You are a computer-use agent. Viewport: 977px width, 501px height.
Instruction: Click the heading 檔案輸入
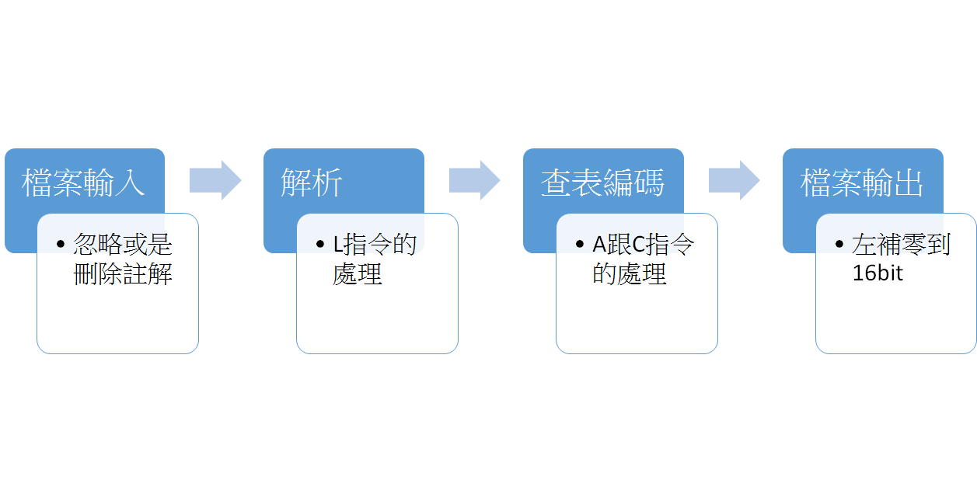(x=83, y=183)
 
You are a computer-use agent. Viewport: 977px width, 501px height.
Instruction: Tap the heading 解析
(x=312, y=183)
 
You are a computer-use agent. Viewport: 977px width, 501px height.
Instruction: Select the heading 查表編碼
(x=603, y=183)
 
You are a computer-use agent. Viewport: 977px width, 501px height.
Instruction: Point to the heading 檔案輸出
(x=862, y=183)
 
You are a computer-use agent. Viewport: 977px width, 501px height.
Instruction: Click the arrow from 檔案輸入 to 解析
(x=215, y=180)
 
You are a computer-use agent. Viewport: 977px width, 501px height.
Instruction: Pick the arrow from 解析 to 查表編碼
(x=475, y=180)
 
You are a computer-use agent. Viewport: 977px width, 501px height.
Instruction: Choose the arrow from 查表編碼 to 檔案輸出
(x=734, y=180)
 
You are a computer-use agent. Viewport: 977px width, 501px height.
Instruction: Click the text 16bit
(x=877, y=273)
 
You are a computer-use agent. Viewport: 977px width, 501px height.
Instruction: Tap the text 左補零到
(x=901, y=244)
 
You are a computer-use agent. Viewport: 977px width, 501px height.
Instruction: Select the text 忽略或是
(x=123, y=244)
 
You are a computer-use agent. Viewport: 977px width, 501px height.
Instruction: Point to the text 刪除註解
(x=123, y=274)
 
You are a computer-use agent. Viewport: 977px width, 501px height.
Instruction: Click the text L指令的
(x=375, y=244)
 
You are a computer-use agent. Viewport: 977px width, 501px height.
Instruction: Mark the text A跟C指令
(x=643, y=244)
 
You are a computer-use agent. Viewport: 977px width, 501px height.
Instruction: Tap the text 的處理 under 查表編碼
(x=630, y=274)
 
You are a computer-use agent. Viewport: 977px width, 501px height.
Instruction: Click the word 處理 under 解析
(x=358, y=274)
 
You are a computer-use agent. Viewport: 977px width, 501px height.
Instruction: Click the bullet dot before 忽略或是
(x=61, y=244)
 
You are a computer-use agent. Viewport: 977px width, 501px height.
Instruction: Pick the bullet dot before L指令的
(x=320, y=244)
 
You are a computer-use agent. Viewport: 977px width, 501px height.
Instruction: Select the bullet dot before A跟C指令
(x=580, y=244)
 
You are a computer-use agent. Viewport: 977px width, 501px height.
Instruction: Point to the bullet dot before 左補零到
(x=839, y=244)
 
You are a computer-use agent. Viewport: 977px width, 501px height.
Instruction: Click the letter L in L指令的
(x=338, y=244)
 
